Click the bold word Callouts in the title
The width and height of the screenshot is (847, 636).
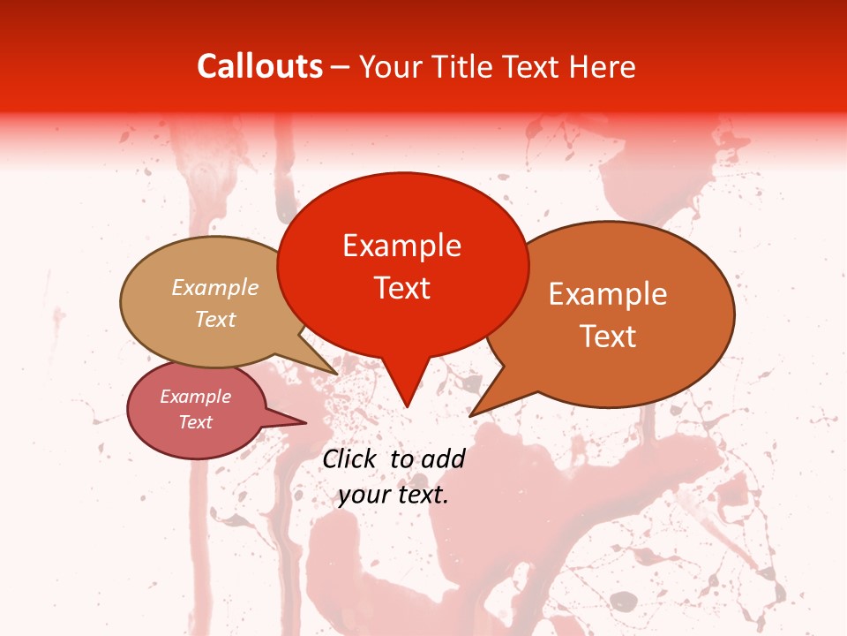coord(259,66)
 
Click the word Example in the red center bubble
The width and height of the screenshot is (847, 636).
coord(401,246)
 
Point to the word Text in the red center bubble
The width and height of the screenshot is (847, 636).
coord(401,287)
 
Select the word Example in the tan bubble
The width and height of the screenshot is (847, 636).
coord(215,288)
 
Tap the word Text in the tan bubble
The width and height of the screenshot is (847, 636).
coord(215,319)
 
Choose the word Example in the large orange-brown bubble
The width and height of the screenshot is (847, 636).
coord(608,294)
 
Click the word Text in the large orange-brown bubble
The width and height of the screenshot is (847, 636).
coord(608,336)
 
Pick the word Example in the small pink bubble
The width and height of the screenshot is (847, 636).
coord(195,397)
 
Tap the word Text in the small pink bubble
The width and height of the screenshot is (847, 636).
coord(195,422)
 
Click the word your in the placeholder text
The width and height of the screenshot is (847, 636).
coord(364,495)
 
